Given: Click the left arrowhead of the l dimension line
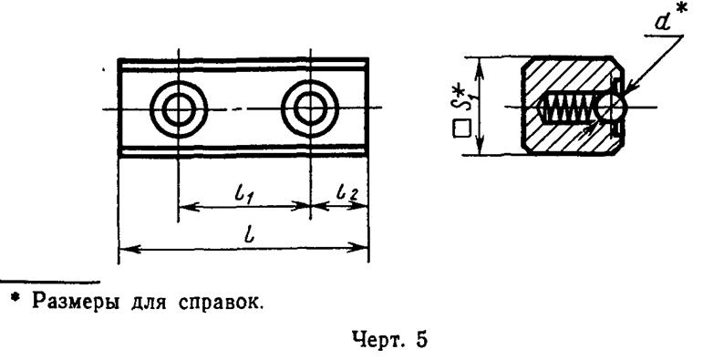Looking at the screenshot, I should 125,248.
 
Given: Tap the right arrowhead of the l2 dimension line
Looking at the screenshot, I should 364,206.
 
